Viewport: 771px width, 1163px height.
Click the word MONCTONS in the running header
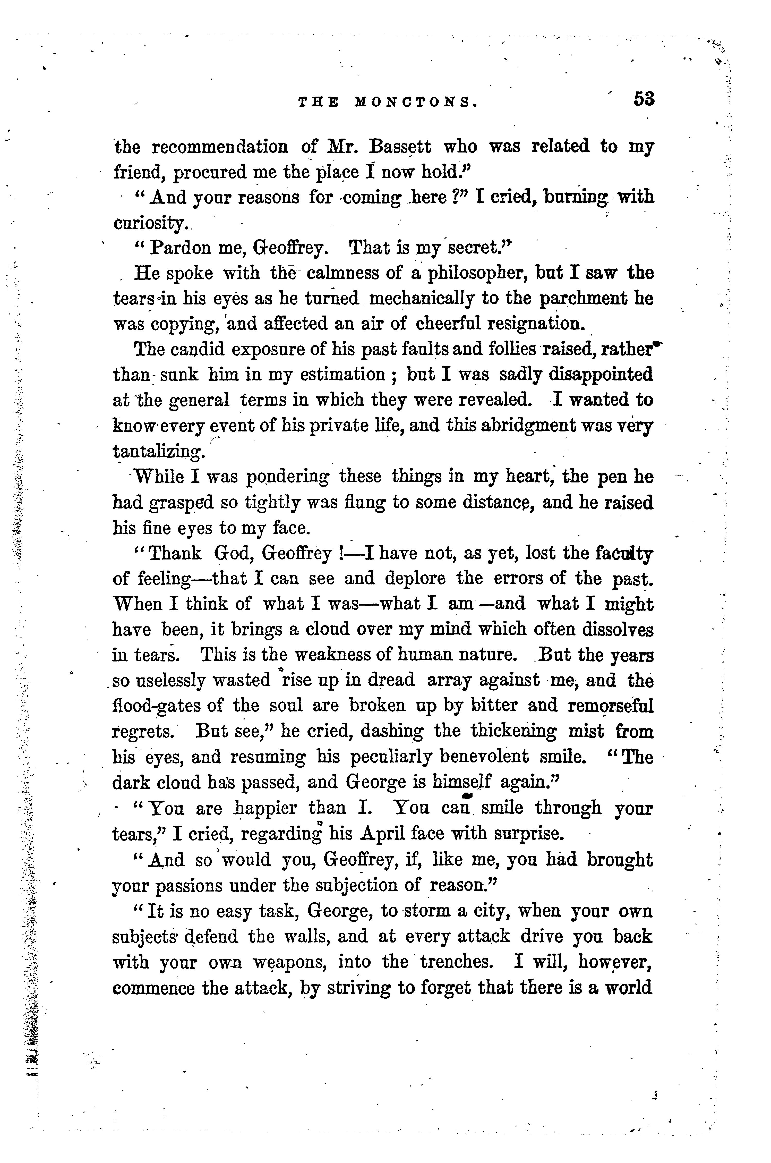(x=415, y=102)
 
